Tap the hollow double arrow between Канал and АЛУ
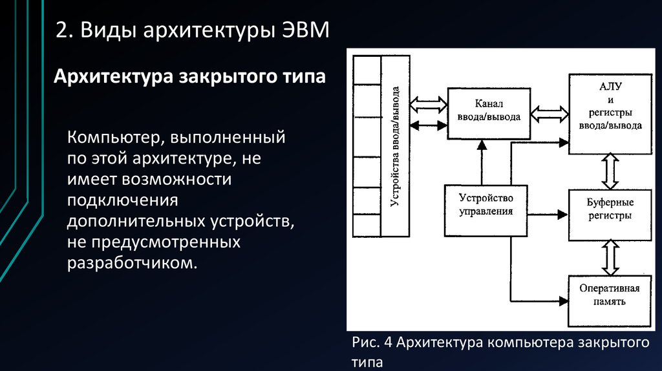coord(549,115)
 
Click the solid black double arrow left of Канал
coord(429,124)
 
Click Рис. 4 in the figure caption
coord(371,342)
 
